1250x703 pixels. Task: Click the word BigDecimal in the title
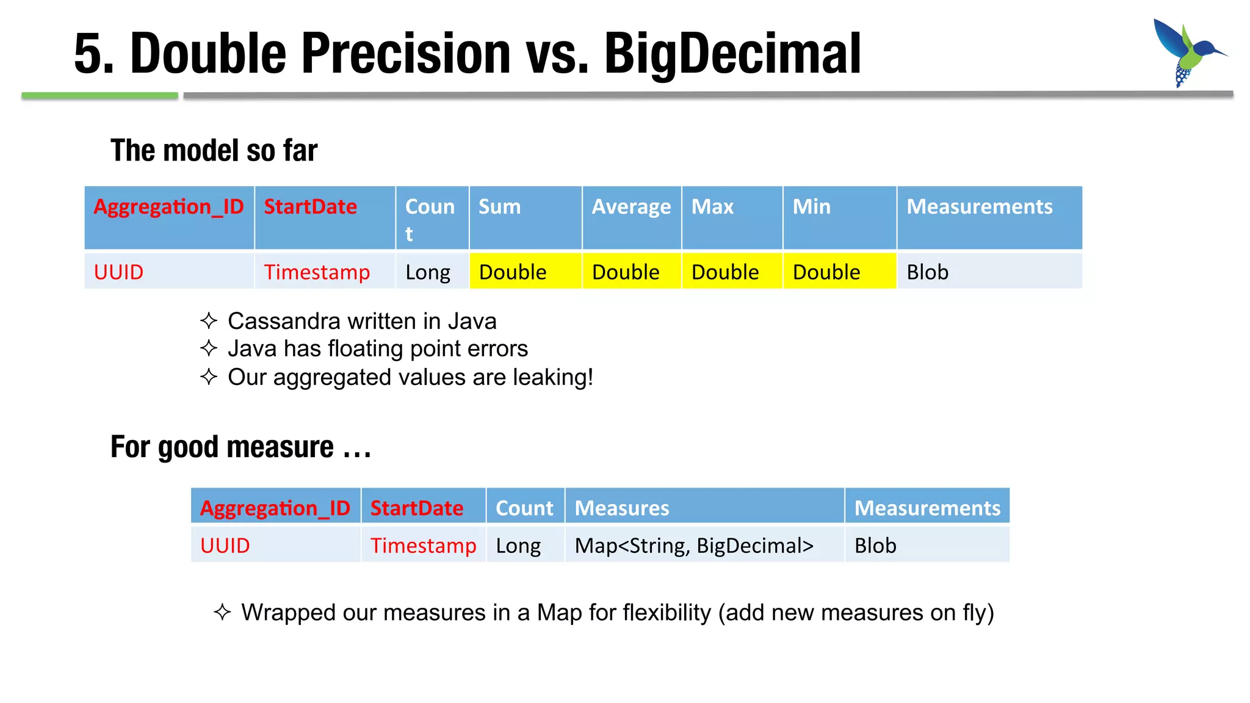tap(732, 54)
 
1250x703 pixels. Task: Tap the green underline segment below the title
tap(99, 95)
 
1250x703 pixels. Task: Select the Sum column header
tap(525, 217)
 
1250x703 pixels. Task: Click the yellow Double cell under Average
tap(631, 272)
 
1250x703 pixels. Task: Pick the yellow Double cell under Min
tap(839, 272)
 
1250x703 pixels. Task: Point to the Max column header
tap(731, 217)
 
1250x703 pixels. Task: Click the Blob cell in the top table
tap(988, 272)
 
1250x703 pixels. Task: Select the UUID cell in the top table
tap(169, 272)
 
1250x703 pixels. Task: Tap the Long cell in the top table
tap(432, 272)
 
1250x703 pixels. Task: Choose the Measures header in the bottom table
tap(704, 507)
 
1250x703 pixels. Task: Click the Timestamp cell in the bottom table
tap(423, 545)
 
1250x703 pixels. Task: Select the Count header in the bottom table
tap(524, 507)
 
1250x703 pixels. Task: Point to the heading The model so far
tap(214, 150)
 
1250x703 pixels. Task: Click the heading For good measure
tap(240, 447)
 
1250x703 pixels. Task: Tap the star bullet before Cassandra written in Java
tap(209, 320)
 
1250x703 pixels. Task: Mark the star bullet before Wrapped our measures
tap(222, 612)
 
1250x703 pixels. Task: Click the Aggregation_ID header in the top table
tap(168, 207)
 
